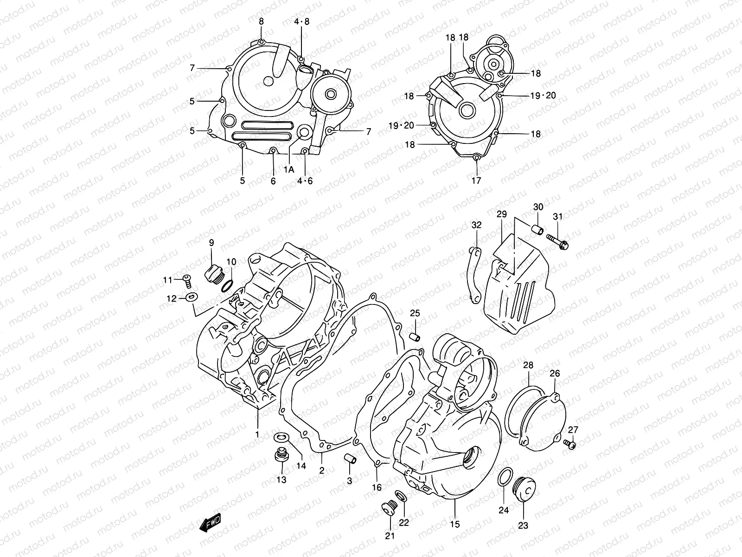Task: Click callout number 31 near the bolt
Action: pyautogui.click(x=557, y=217)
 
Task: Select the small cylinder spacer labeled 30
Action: pyautogui.click(x=538, y=230)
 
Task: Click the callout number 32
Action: pyautogui.click(x=476, y=225)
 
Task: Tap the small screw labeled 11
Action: pyautogui.click(x=187, y=279)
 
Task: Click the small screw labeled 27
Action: pyautogui.click(x=571, y=445)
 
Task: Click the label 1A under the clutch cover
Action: pyautogui.click(x=289, y=170)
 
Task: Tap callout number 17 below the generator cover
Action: pyautogui.click(x=476, y=181)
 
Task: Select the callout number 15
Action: pyautogui.click(x=455, y=524)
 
